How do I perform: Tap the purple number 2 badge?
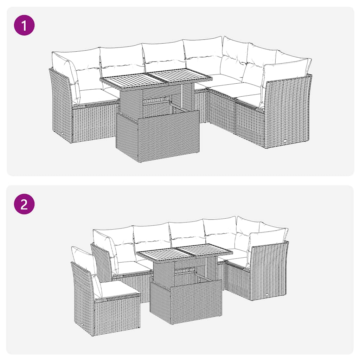pos(24,204)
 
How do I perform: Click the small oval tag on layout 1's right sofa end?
pos(284,141)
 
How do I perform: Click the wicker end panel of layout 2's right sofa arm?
pos(269,271)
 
